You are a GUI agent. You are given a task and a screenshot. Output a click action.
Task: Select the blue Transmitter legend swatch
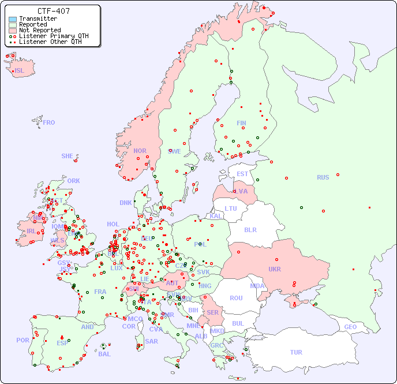(x=13, y=19)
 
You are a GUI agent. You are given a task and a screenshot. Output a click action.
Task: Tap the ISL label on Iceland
(x=19, y=71)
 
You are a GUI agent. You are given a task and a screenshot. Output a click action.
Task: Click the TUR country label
(x=296, y=352)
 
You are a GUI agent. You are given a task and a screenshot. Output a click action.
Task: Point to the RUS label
(x=323, y=177)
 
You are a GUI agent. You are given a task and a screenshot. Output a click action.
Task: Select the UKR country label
(x=274, y=269)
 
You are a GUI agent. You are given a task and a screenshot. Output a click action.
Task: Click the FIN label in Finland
(x=241, y=123)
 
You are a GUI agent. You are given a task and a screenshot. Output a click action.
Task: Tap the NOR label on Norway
(x=140, y=151)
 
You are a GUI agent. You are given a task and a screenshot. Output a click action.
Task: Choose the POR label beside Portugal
(x=23, y=340)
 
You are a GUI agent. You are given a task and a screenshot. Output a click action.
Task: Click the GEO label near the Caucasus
(x=350, y=327)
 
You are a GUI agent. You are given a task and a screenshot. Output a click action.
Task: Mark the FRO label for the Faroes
(x=48, y=122)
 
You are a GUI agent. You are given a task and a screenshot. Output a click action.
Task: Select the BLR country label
(x=250, y=229)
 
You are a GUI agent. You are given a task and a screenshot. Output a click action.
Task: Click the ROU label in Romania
(x=236, y=298)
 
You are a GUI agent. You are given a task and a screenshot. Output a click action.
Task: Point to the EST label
(x=242, y=174)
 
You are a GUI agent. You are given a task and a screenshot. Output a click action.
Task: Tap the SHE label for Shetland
(x=68, y=156)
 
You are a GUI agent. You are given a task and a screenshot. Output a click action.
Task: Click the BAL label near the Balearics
(x=104, y=354)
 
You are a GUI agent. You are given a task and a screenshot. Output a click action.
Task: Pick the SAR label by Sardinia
(x=151, y=341)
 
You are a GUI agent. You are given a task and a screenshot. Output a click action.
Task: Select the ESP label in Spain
(x=62, y=343)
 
